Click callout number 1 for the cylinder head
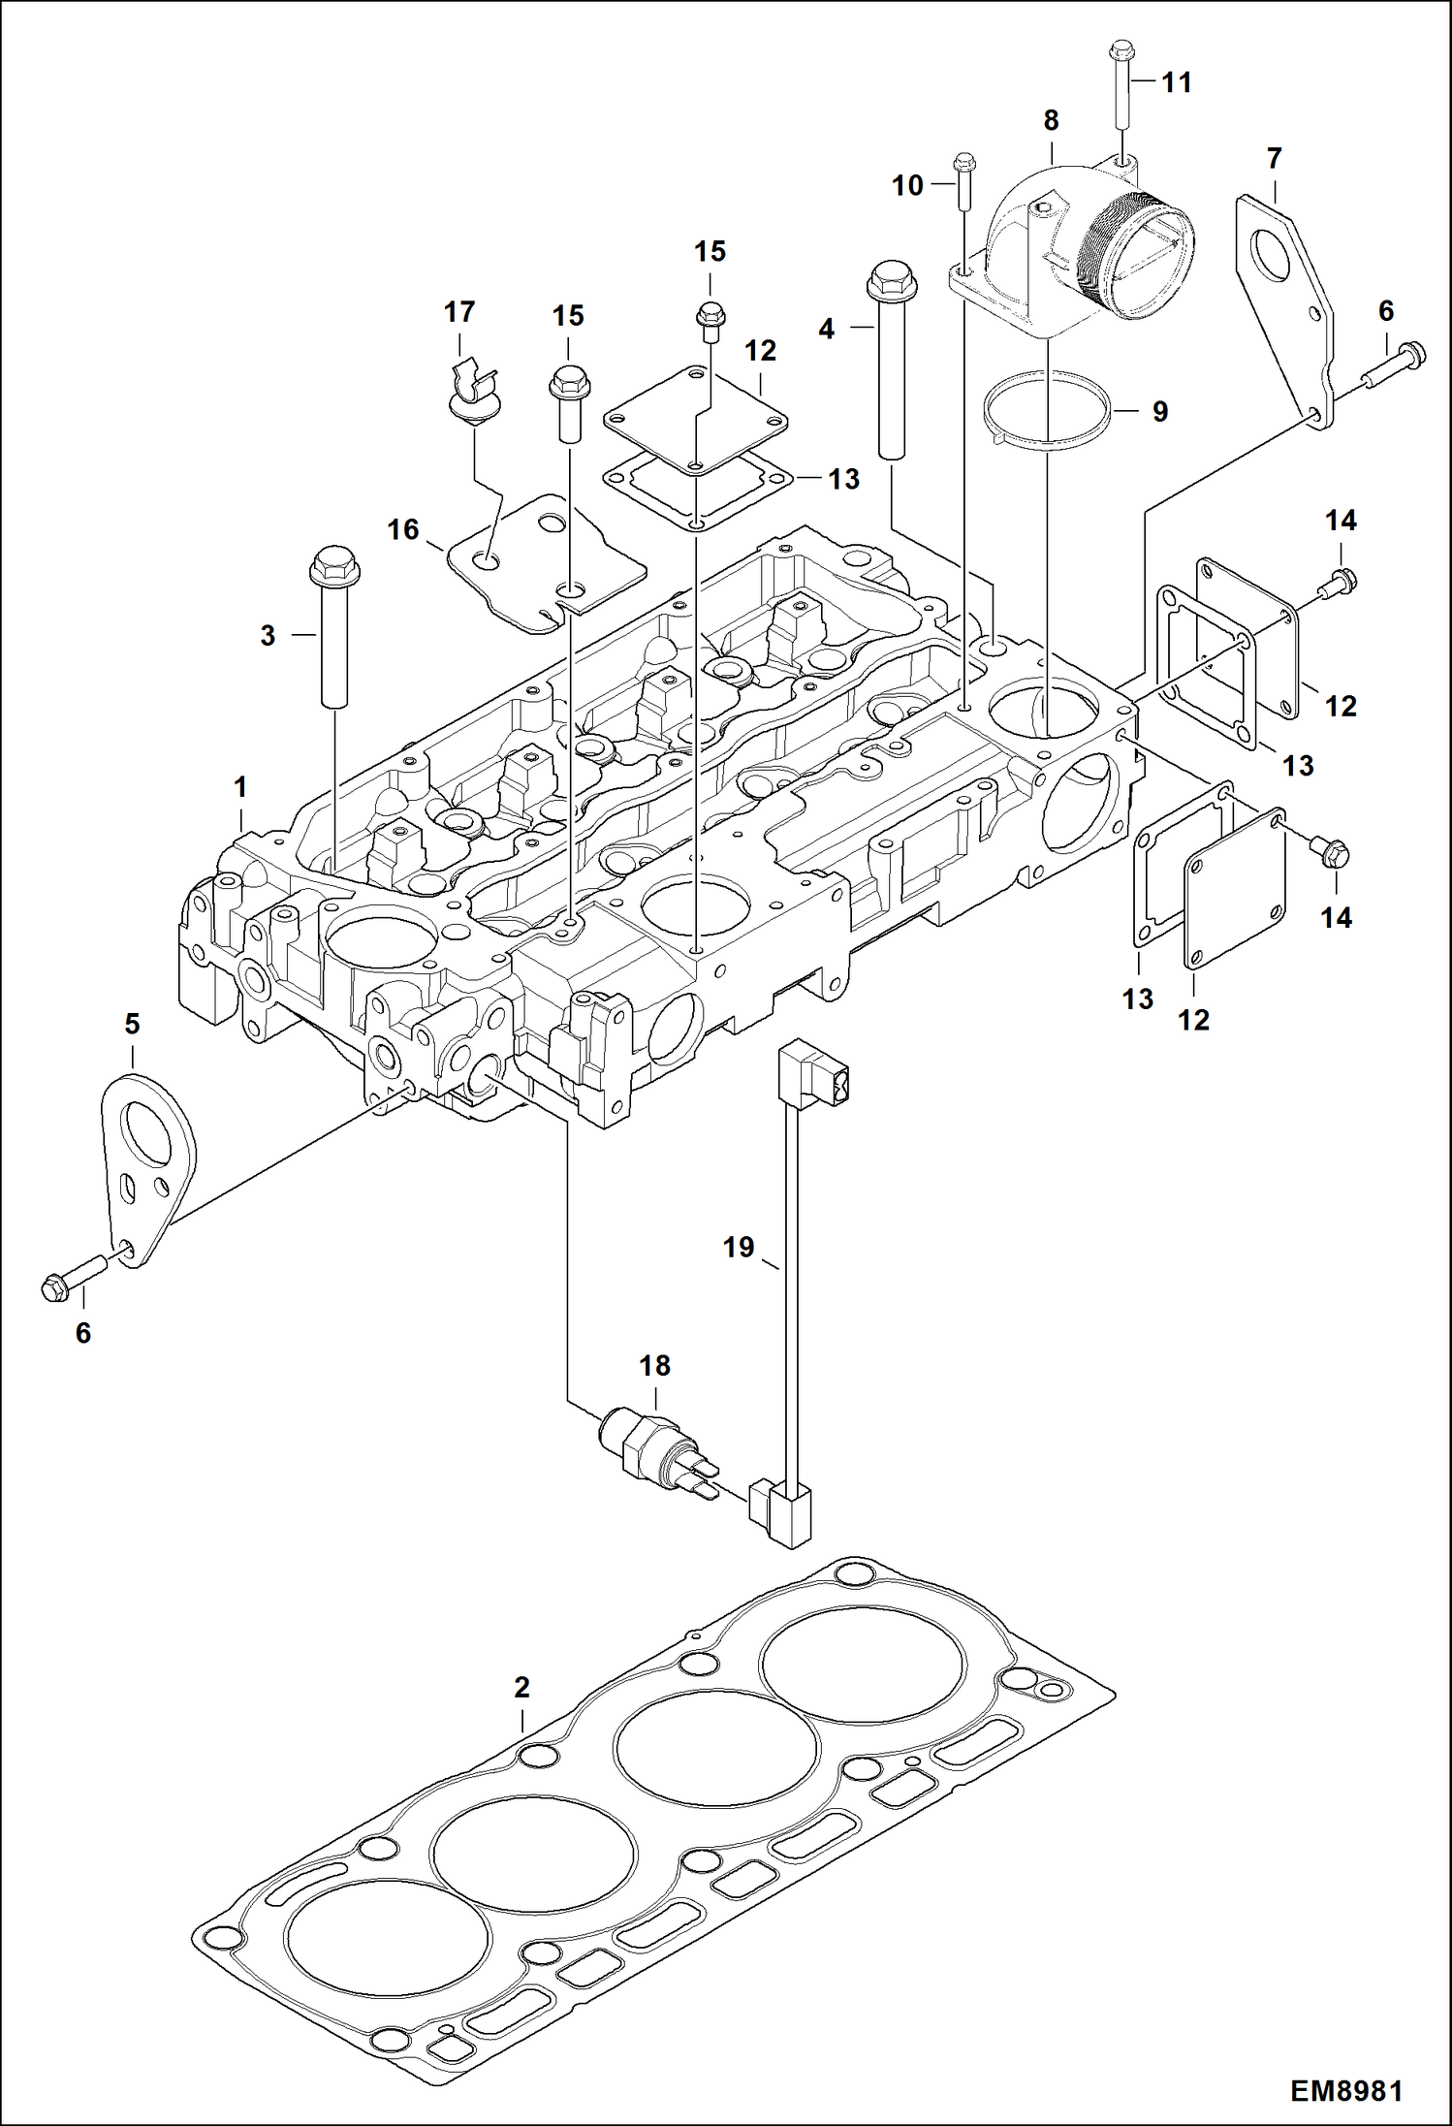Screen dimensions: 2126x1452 239,787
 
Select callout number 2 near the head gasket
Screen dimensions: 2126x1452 521,1688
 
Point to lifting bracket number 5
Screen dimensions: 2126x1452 146,1163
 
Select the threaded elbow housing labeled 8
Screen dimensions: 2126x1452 1076,252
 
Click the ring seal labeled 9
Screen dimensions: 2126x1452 1046,411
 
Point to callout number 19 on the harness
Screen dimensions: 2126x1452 739,1247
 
